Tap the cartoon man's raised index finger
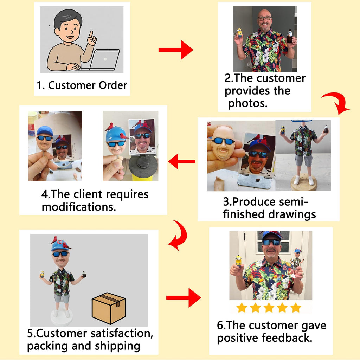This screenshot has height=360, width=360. (x=91, y=35)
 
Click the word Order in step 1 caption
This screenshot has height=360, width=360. (x=113, y=85)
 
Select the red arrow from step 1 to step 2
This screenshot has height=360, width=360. (x=176, y=50)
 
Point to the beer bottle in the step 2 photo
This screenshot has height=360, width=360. (x=290, y=36)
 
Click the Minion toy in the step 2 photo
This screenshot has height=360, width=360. (x=239, y=33)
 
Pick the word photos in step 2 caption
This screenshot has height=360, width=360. (x=248, y=103)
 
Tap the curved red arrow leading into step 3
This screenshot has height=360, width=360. (x=336, y=103)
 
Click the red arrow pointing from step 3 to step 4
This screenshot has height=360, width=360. (x=182, y=161)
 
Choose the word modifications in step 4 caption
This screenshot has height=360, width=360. (x=79, y=207)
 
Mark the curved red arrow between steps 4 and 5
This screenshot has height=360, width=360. (x=179, y=235)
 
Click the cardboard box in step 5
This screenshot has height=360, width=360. (x=109, y=308)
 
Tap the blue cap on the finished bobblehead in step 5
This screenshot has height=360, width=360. (x=60, y=246)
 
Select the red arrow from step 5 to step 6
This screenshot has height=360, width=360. (x=184, y=298)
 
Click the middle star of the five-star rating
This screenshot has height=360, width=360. (x=269, y=308)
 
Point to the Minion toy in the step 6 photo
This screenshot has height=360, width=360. (x=238, y=261)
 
